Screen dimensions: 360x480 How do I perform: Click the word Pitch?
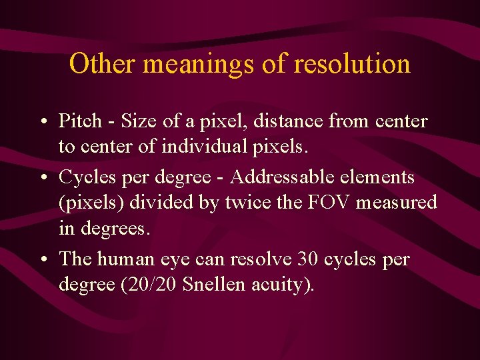coord(80,121)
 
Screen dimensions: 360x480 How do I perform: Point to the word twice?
coord(257,203)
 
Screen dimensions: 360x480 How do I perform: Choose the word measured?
coord(397,203)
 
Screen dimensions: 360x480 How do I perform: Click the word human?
coord(123,259)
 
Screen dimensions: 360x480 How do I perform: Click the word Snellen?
coord(213,285)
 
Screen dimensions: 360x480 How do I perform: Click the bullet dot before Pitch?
coord(43,122)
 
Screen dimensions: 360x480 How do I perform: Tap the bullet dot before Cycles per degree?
coord(43,178)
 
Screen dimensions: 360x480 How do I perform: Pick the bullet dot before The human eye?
coord(43,259)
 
